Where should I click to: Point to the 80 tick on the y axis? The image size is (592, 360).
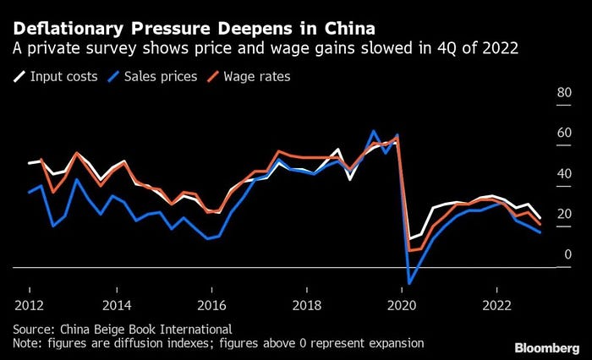coord(563,93)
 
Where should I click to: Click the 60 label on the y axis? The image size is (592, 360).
coord(563,134)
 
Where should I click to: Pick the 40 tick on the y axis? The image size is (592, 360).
coord(563,174)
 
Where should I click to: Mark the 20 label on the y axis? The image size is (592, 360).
coord(563,215)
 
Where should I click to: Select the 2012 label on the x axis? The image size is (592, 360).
coord(30,303)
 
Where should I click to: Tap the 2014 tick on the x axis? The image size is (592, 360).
coord(117,303)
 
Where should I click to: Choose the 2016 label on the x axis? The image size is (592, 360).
coord(212,303)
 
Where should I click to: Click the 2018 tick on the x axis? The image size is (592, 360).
coord(307,303)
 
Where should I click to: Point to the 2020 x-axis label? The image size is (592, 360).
coord(402,303)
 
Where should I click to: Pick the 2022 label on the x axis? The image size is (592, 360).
coord(496,303)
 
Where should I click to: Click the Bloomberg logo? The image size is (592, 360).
coord(546,347)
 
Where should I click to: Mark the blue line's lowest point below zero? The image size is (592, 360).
coord(409,283)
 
